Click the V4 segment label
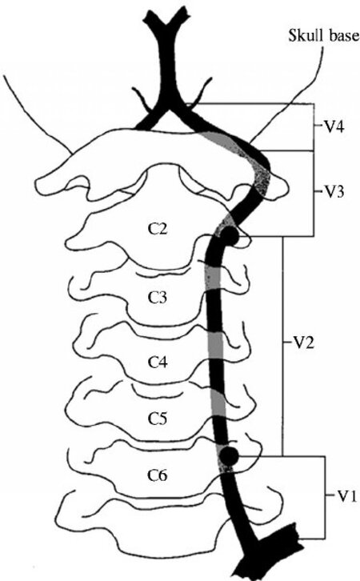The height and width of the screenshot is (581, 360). coord(335,127)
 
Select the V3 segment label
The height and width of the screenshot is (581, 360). coord(335,193)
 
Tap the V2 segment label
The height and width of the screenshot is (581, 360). coord(305,343)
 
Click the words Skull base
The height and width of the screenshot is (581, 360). coord(324,36)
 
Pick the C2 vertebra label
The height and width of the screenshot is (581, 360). coord(158,230)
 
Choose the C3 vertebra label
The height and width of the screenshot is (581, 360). coord(158,298)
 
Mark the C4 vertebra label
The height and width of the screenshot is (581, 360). coord(158,362)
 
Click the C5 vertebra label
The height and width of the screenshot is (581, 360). coord(158,419)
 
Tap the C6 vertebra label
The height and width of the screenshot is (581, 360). coord(158,475)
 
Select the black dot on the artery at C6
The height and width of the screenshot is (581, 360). coord(229,456)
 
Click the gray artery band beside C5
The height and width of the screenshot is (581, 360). coord(218,403)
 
